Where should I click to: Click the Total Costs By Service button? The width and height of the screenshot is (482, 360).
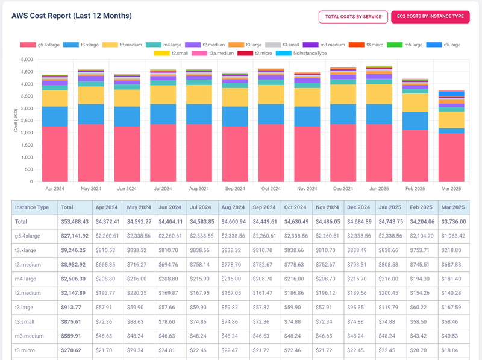click(x=353, y=17)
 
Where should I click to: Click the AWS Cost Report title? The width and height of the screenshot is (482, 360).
click(x=72, y=16)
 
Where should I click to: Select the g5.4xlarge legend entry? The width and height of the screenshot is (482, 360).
click(x=39, y=45)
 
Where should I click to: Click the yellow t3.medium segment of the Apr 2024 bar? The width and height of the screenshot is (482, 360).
click(x=55, y=98)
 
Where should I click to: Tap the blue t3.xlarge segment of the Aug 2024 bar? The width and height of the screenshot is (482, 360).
click(x=199, y=114)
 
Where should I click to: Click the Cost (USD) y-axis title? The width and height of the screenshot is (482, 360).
click(x=16, y=121)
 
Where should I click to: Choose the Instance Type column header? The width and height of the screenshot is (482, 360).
click(x=32, y=207)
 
